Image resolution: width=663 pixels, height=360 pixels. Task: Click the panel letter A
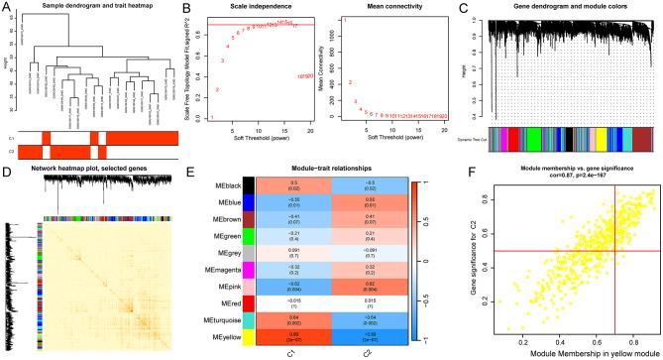point(7,7)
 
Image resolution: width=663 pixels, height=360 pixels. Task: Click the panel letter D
point(7,169)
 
